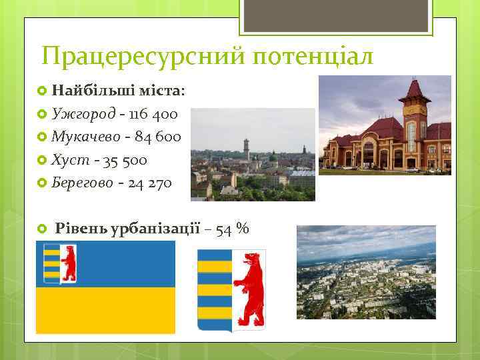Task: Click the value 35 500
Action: pos(121,160)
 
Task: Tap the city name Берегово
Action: pos(82,183)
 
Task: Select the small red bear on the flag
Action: pos(67,263)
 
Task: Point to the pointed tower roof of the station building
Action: pos(415,89)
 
